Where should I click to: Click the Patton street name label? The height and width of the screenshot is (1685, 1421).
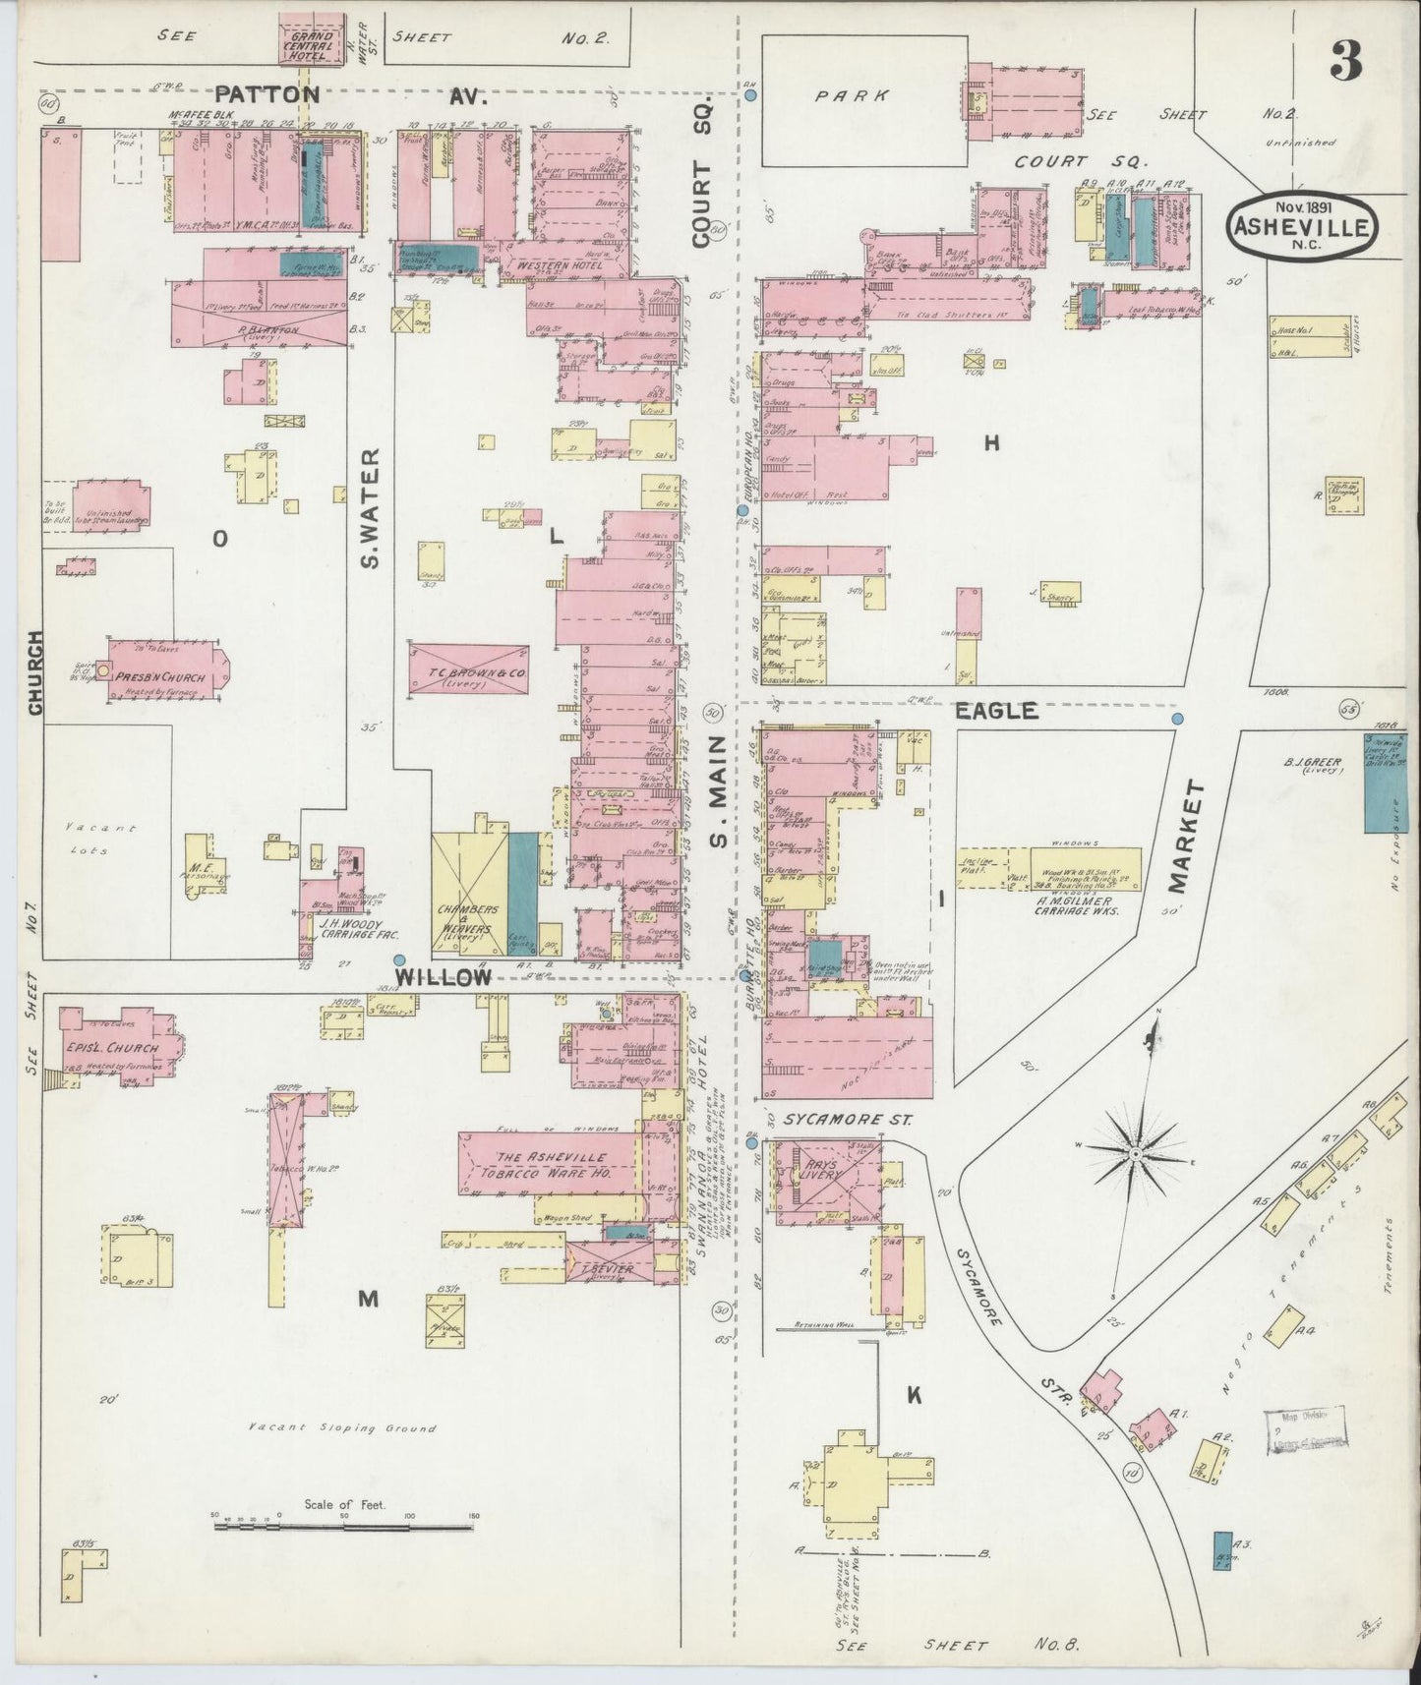click(x=267, y=95)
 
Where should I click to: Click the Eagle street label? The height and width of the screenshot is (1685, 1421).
click(x=997, y=710)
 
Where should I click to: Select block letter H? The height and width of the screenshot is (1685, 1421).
click(x=991, y=443)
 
